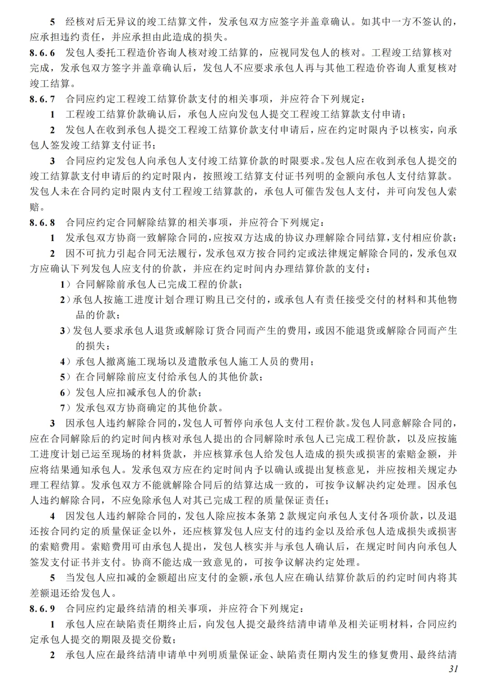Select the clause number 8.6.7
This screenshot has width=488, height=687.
pos(42,99)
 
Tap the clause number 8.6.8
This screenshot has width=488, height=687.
pos(42,223)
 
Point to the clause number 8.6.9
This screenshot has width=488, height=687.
pos(42,609)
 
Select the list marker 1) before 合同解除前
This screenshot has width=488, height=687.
pos(66,284)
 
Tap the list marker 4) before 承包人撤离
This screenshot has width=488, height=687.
pos(66,362)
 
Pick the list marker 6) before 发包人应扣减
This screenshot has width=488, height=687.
pos(66,393)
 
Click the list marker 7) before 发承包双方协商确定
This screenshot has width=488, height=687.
pos(66,408)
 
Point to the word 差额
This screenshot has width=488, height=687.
pos(41,593)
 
